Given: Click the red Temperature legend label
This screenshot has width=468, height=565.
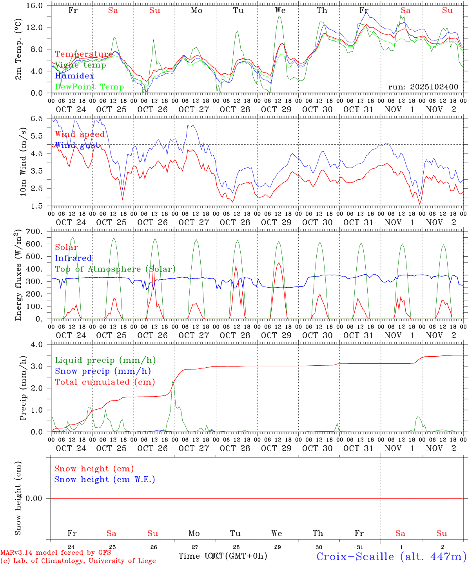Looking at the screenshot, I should [83, 54].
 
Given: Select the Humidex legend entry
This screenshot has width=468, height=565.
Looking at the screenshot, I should [74, 76].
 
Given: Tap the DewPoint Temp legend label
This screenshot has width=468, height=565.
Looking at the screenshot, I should [89, 87].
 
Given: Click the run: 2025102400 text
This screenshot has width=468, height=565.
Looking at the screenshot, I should [423, 87].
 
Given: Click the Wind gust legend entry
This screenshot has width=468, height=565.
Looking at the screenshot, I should [76, 145].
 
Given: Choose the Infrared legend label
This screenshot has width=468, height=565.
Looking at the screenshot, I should [73, 258].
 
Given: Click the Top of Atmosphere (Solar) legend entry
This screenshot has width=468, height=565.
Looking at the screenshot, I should [115, 269].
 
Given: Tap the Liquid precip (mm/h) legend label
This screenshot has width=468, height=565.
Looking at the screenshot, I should [105, 360].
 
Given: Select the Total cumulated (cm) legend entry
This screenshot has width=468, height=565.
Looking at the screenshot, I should [105, 382].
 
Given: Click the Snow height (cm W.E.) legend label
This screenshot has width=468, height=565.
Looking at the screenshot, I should [104, 479].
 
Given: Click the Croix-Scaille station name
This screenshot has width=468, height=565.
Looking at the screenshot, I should [391, 556].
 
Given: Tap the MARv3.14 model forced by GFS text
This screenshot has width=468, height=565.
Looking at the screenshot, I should [56, 552].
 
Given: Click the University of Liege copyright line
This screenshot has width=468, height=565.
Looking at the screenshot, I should [78, 561].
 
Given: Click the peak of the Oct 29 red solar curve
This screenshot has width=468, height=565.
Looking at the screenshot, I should [279, 263].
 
